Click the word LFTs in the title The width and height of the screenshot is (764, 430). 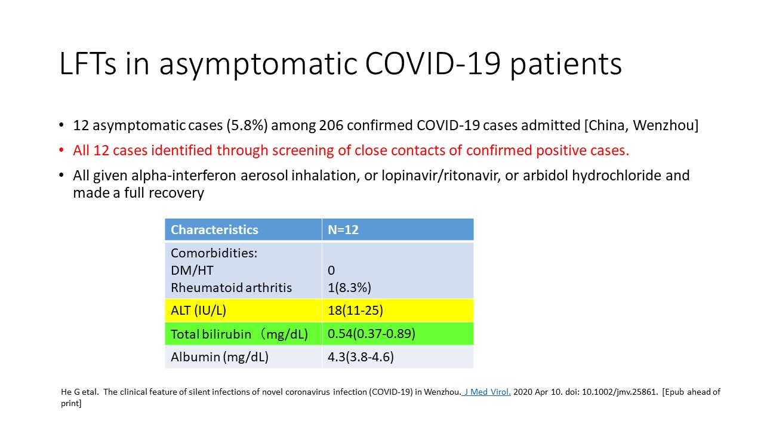coord(88,63)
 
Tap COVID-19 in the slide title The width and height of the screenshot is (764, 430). coord(433,63)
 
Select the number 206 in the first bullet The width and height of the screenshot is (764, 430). coord(331,125)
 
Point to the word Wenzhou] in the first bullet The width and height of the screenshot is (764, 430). coord(666,125)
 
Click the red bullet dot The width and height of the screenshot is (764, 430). coord(61,150)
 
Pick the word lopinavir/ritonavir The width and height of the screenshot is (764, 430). coord(441,176)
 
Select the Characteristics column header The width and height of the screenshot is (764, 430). coord(214,230)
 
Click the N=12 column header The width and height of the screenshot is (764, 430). coord(343,230)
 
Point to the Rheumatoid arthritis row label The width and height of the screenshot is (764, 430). coord(231,288)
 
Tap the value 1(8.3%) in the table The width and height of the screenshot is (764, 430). coord(349,288)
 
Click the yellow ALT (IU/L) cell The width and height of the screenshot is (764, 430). coord(243,311)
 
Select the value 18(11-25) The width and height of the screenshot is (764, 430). coord(355,311)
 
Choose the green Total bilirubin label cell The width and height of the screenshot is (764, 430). coord(243,334)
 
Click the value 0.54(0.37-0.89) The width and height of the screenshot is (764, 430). coord(371,334)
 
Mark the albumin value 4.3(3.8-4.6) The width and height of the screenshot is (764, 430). coord(361,357)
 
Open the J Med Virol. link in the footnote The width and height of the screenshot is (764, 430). coord(487,392)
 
